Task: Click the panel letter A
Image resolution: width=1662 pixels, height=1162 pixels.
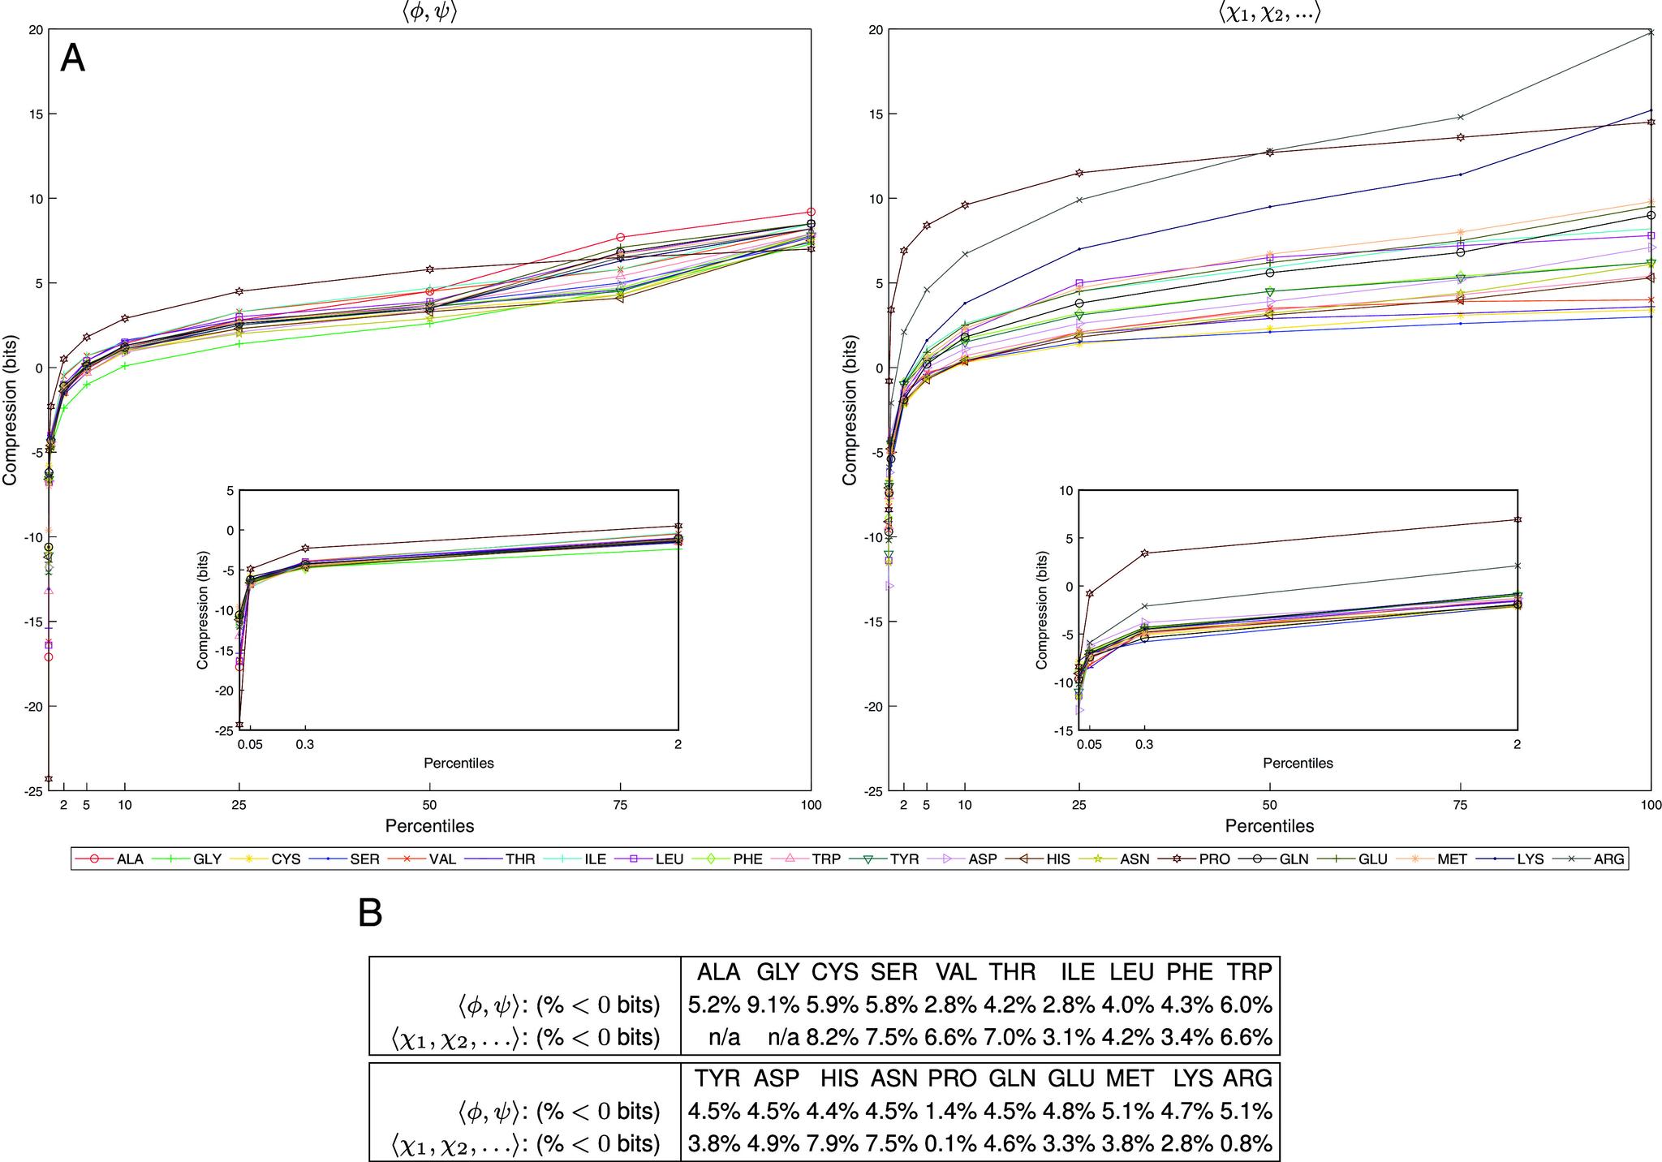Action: (72, 59)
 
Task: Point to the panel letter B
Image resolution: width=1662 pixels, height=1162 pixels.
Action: (370, 914)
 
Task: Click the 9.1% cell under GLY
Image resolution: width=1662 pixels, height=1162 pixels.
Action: (778, 1005)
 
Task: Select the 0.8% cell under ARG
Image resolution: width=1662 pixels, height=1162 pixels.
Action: (1247, 1143)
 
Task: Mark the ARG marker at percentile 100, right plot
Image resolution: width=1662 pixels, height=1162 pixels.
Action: (1651, 32)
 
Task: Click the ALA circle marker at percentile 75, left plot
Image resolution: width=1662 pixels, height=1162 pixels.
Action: (621, 238)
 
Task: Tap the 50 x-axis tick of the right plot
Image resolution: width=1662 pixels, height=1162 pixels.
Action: (1269, 805)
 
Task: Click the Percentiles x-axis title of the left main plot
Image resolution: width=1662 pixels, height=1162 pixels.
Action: (429, 826)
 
